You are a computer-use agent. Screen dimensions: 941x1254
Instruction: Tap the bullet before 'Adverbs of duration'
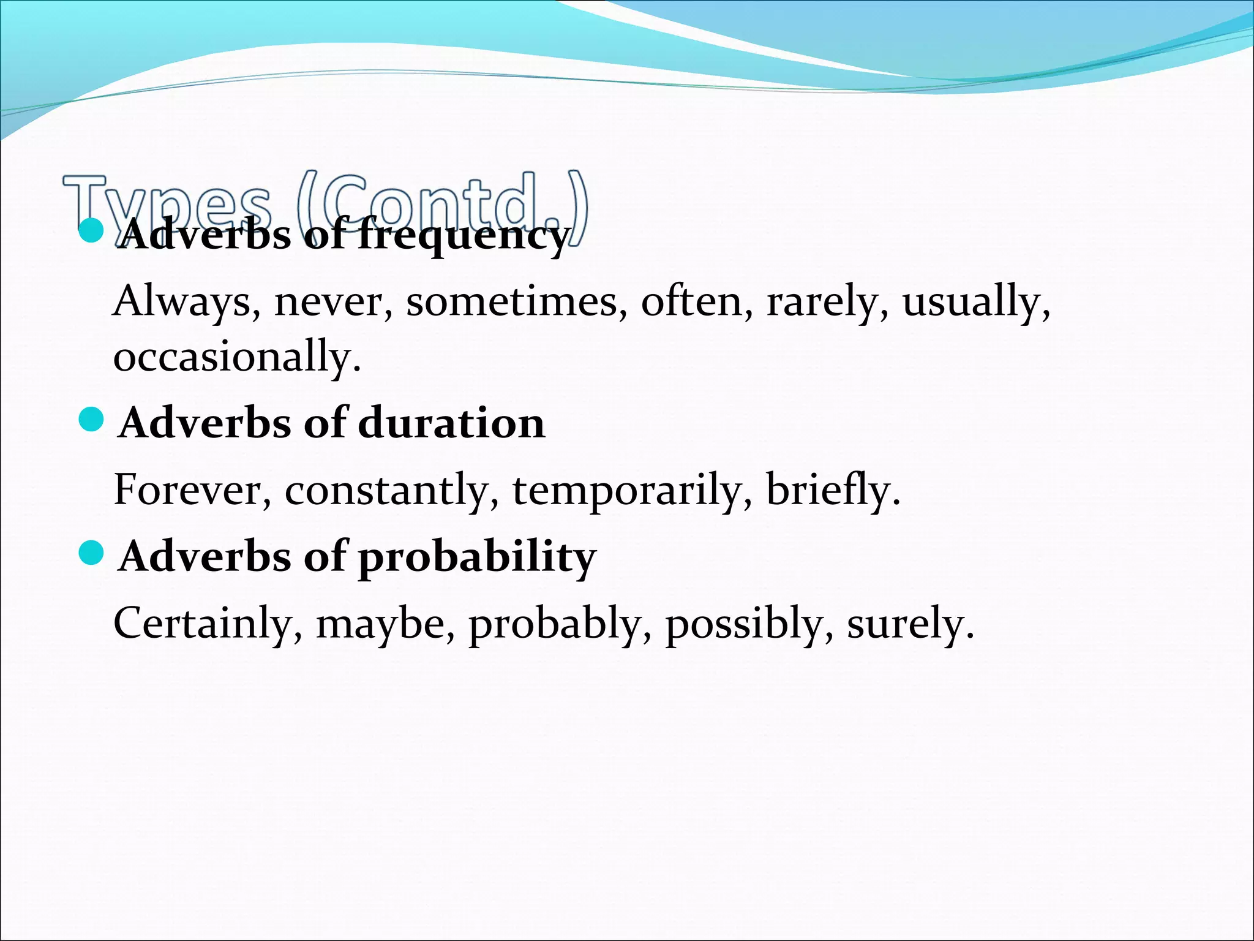(92, 420)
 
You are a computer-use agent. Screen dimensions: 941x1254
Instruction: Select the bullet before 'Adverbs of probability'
(92, 553)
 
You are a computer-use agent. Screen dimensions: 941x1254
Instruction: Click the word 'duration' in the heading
(451, 423)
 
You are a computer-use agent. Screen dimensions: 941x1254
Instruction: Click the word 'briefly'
(832, 490)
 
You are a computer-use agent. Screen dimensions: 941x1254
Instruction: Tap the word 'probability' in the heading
(476, 558)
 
